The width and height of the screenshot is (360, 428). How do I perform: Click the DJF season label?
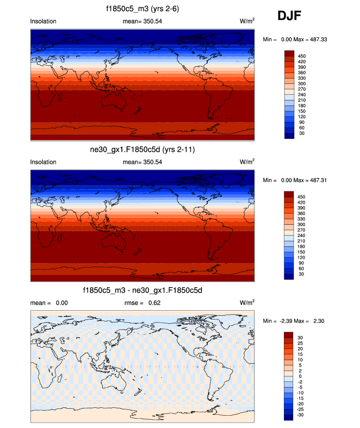pos(289,17)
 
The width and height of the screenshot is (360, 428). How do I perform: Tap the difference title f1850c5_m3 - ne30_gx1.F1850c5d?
pos(142,291)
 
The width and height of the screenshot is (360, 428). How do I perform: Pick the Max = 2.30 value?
pos(317,321)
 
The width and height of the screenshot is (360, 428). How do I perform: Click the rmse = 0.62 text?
pos(142,303)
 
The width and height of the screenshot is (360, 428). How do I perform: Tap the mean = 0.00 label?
pos(49,303)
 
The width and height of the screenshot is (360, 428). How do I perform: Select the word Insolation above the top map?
pos(43,21)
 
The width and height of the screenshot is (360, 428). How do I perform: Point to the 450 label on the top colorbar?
pos(302,56)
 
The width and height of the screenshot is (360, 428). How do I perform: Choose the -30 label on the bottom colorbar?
pos(302,414)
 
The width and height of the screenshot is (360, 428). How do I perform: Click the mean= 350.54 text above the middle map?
pos(142,162)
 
